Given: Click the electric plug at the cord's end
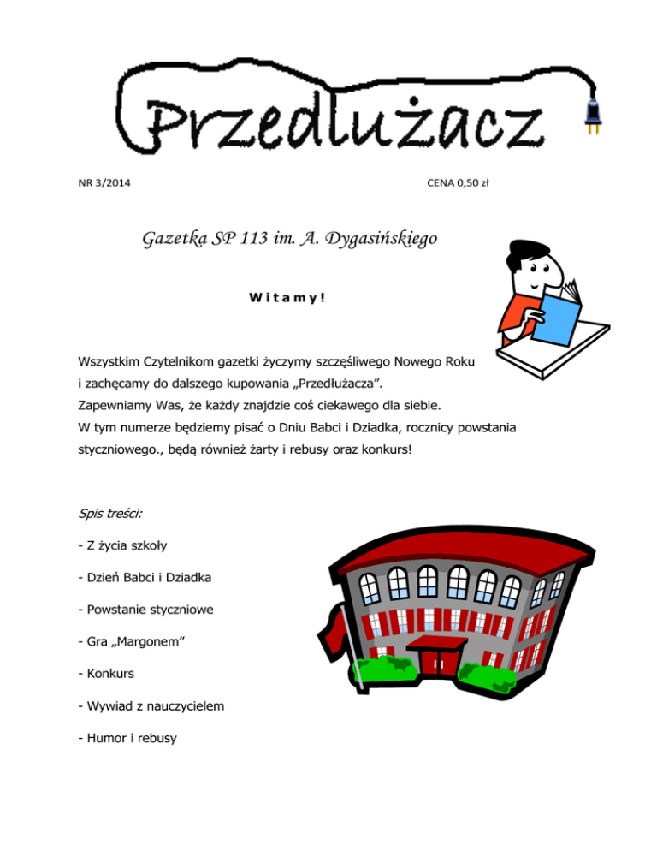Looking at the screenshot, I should (589, 115).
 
